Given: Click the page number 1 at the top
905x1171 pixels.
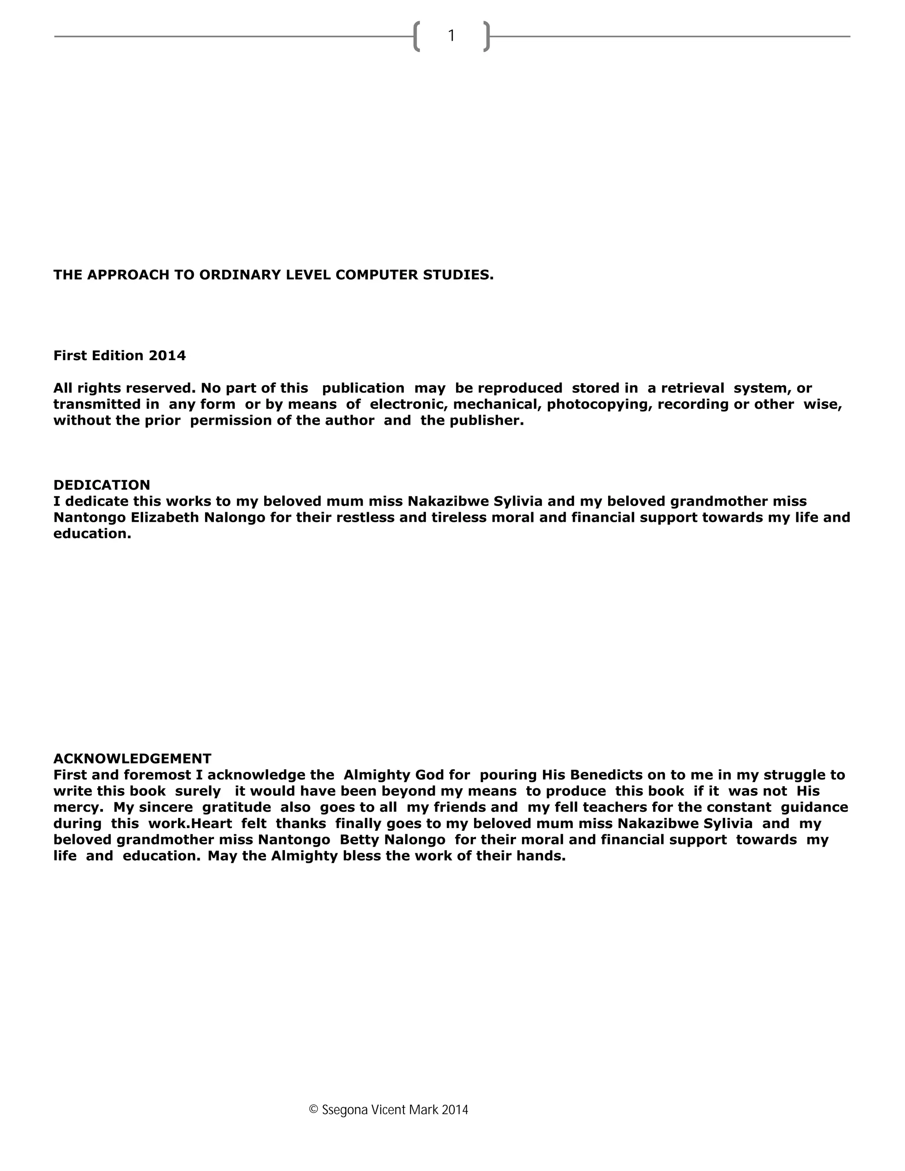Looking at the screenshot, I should tap(452, 36).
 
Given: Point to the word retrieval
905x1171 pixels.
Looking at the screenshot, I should tap(693, 388).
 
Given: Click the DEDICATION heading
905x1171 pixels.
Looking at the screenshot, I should tap(102, 485).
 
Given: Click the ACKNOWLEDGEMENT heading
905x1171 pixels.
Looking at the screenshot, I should tap(133, 759).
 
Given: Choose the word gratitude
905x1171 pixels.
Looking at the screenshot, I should tap(236, 807).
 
